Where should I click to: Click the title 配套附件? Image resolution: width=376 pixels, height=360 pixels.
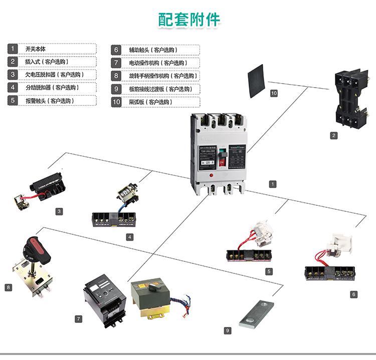pyautogui.click(x=189, y=20)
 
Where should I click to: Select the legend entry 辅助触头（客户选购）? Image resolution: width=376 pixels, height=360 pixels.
pyautogui.click(x=152, y=50)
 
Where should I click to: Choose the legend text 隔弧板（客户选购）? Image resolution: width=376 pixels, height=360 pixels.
pyautogui.click(x=150, y=102)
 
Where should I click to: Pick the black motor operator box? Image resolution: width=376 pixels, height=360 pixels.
pyautogui.click(x=104, y=298)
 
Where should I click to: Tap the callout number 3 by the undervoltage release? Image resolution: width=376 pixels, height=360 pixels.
pyautogui.click(x=59, y=212)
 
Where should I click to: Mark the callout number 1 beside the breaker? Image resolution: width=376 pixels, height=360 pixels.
pyautogui.click(x=272, y=184)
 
